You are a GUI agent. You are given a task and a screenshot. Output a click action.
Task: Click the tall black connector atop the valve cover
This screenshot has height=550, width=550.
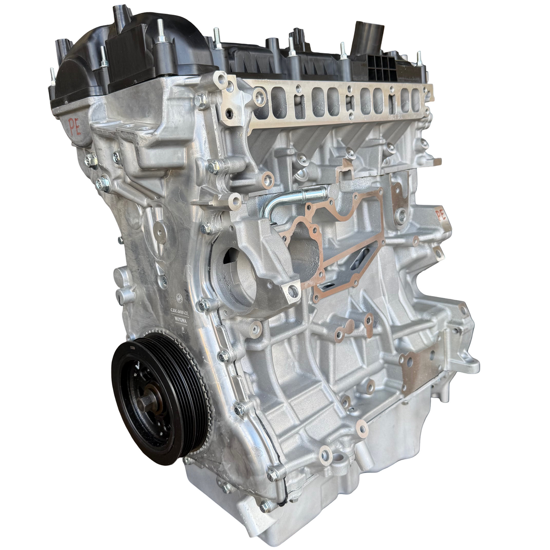click(364, 34)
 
